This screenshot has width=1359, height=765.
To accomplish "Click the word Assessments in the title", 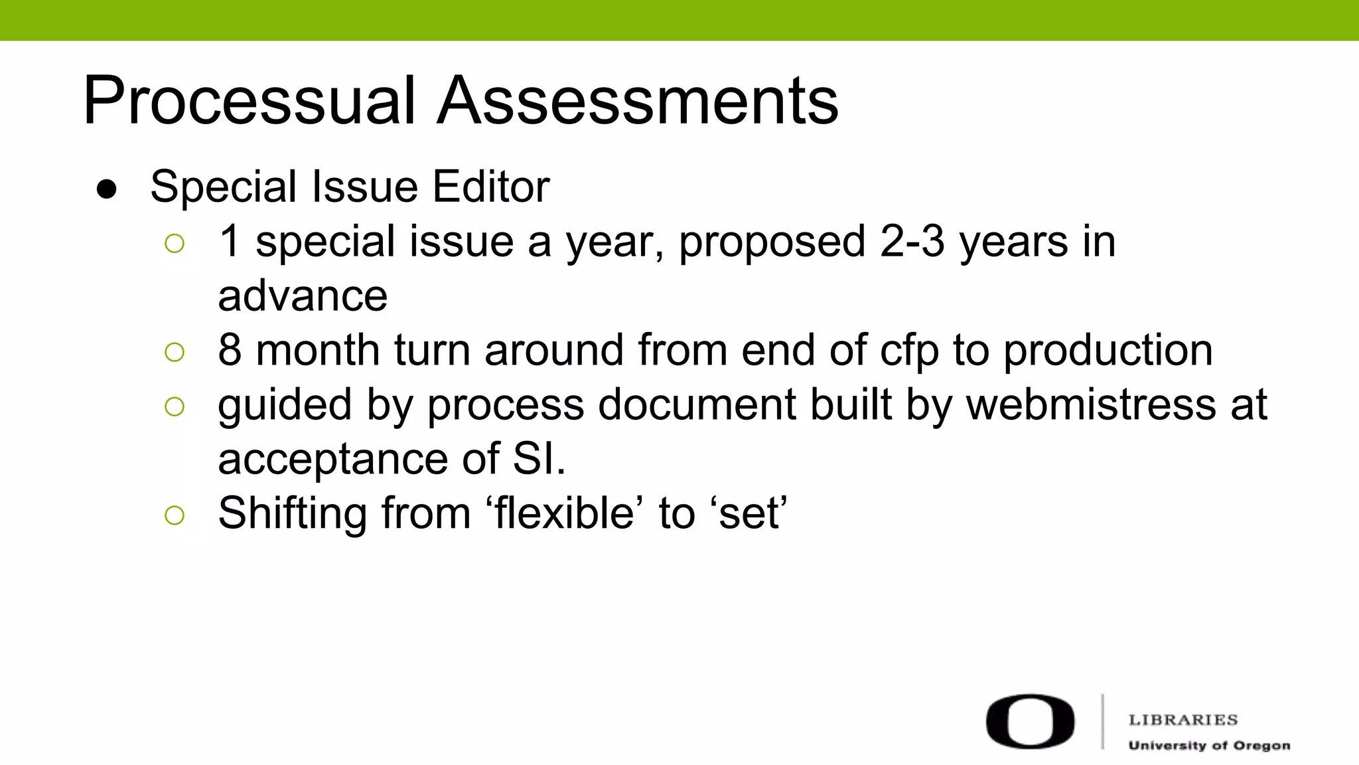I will pos(638,101).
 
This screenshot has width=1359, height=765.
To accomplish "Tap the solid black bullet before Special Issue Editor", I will pos(107,189).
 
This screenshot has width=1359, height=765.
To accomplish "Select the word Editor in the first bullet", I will pos(491,187).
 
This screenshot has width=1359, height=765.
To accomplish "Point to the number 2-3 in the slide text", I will pos(912,241).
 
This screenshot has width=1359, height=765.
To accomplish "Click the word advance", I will pos(303,296).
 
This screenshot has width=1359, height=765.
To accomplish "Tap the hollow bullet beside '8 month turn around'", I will pos(175,352).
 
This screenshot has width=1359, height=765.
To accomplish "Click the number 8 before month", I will pos(230,350).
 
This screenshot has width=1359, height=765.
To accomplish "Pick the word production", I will pos(1108,351).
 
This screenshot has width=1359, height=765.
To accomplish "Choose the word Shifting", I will pos(292,513).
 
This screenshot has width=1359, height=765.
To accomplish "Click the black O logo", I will pos(1030,722).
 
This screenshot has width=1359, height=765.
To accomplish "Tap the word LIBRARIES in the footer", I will pos(1183,720).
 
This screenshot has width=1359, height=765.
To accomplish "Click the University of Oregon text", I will pos(1209,746).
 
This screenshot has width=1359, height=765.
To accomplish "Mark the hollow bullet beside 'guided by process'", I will pos(175,406).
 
